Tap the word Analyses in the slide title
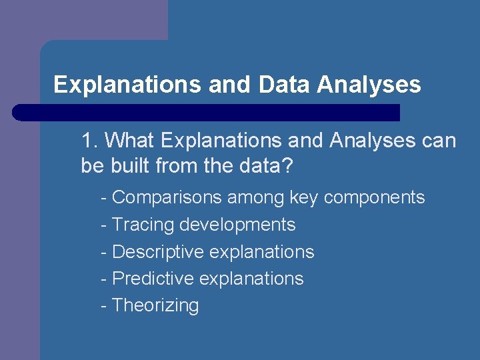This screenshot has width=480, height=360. [x=369, y=85]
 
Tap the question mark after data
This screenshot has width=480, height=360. [x=287, y=165]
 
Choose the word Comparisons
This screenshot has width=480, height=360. [x=167, y=197]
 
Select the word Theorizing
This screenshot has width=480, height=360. [x=155, y=305]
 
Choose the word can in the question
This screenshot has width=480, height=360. [x=438, y=141]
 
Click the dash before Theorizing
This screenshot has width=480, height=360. [x=103, y=305]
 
